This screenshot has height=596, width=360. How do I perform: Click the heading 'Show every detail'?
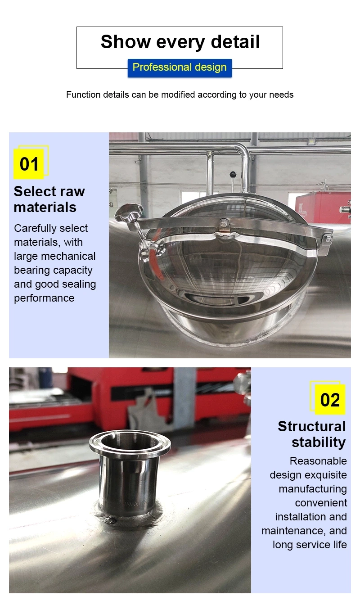pyautogui.click(x=180, y=42)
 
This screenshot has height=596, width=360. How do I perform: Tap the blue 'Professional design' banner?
pyautogui.click(x=180, y=68)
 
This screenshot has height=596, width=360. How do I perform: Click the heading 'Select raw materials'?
pyautogui.click(x=49, y=199)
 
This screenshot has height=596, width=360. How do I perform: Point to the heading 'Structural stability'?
pyautogui.click(x=312, y=434)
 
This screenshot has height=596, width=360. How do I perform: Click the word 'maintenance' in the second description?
pyautogui.click(x=294, y=531)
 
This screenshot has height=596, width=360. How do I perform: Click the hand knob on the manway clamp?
pyautogui.click(x=128, y=211)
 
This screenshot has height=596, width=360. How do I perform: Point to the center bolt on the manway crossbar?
pyautogui.click(x=224, y=222)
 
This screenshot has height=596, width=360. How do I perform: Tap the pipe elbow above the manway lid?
pyautogui.click(x=243, y=150)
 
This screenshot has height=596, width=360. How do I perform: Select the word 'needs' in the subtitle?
pyautogui.click(x=281, y=95)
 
